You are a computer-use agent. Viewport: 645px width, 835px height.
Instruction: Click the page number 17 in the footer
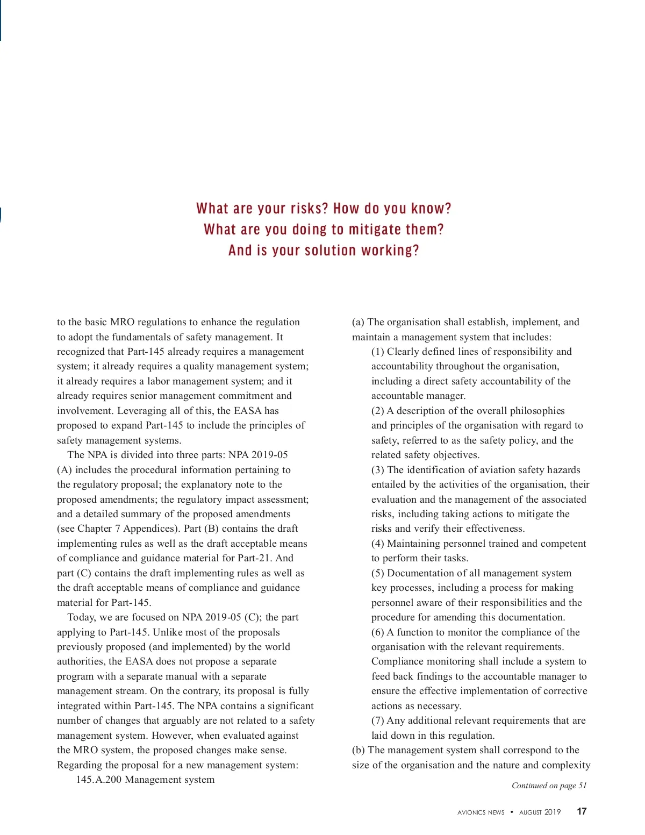582,812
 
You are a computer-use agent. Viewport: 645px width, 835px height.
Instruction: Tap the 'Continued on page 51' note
549,786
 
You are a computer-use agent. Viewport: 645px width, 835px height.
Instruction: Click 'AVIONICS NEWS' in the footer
481,812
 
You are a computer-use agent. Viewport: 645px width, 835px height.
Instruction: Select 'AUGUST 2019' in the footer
540,812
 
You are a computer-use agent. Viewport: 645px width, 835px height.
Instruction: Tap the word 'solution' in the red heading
331,251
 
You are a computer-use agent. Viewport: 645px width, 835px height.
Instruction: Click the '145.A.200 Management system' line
145,780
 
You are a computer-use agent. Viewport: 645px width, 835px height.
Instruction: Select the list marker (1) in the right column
378,352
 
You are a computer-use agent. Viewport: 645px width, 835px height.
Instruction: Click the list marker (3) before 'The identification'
378,470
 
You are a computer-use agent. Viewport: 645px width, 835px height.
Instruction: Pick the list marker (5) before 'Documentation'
378,573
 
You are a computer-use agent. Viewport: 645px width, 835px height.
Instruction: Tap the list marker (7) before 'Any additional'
378,720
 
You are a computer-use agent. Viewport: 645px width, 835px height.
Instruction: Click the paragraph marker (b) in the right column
359,750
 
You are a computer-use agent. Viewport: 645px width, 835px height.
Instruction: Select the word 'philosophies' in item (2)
537,411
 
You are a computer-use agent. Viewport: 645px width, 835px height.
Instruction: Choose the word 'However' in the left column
171,736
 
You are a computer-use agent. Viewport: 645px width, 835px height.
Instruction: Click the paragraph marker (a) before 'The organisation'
359,322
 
